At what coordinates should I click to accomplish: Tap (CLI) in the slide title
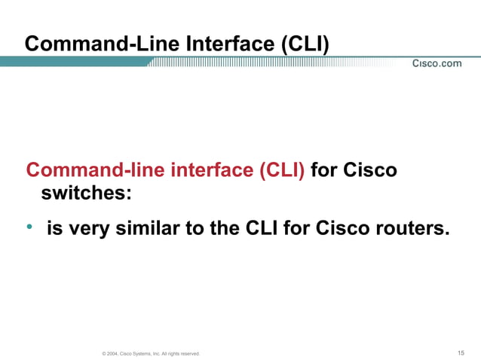tap(305, 44)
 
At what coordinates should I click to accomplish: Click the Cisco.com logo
tap(437, 63)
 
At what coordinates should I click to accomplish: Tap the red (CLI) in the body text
tap(282, 169)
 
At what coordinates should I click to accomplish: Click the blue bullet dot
tap(29, 227)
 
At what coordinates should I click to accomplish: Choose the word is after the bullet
tap(55, 227)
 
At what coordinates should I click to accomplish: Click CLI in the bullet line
tap(263, 227)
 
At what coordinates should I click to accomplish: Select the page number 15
tap(461, 352)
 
